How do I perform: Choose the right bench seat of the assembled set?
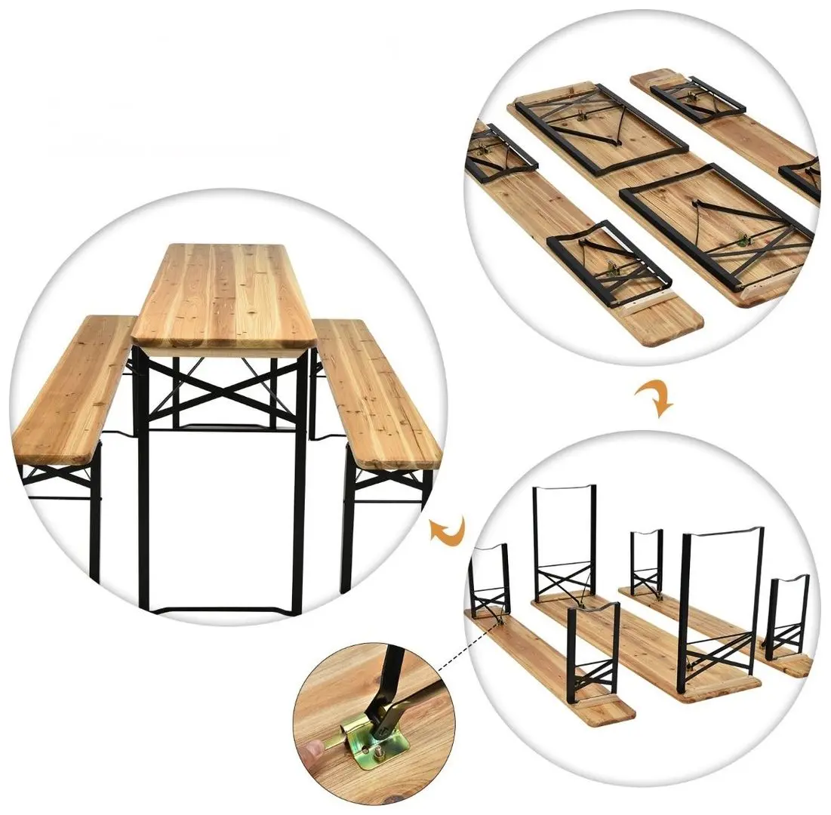[375, 392]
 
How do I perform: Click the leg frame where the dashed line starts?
[489, 581]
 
